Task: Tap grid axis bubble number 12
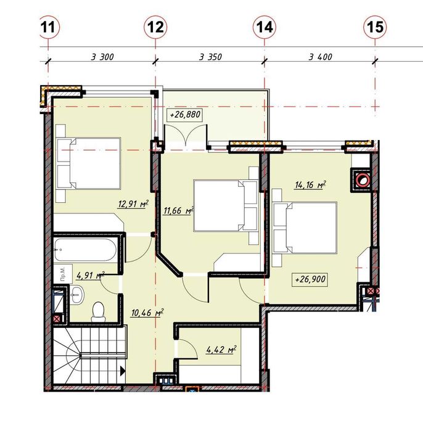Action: pyautogui.click(x=155, y=27)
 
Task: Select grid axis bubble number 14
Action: pyautogui.click(x=265, y=27)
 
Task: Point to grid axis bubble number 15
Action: pyautogui.click(x=375, y=27)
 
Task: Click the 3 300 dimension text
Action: pyautogui.click(x=102, y=57)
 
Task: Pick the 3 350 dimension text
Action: pyautogui.click(x=210, y=57)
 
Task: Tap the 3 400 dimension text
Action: pyautogui.click(x=321, y=57)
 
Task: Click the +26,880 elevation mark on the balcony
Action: pyautogui.click(x=185, y=115)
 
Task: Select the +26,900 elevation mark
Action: pyautogui.click(x=310, y=279)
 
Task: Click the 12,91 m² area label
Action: pyautogui.click(x=134, y=204)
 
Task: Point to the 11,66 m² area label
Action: pyautogui.click(x=178, y=211)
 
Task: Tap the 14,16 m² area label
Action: pyautogui.click(x=310, y=185)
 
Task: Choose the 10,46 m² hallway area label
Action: pyautogui.click(x=147, y=313)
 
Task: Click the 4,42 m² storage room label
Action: pyautogui.click(x=221, y=350)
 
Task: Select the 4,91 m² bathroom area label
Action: pyautogui.click(x=91, y=275)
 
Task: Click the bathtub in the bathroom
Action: pyautogui.click(x=85, y=250)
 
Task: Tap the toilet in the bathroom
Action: pyautogui.click(x=99, y=312)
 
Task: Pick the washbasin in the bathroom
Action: pyautogui.click(x=76, y=294)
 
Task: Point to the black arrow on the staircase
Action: pyautogui.click(x=123, y=371)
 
